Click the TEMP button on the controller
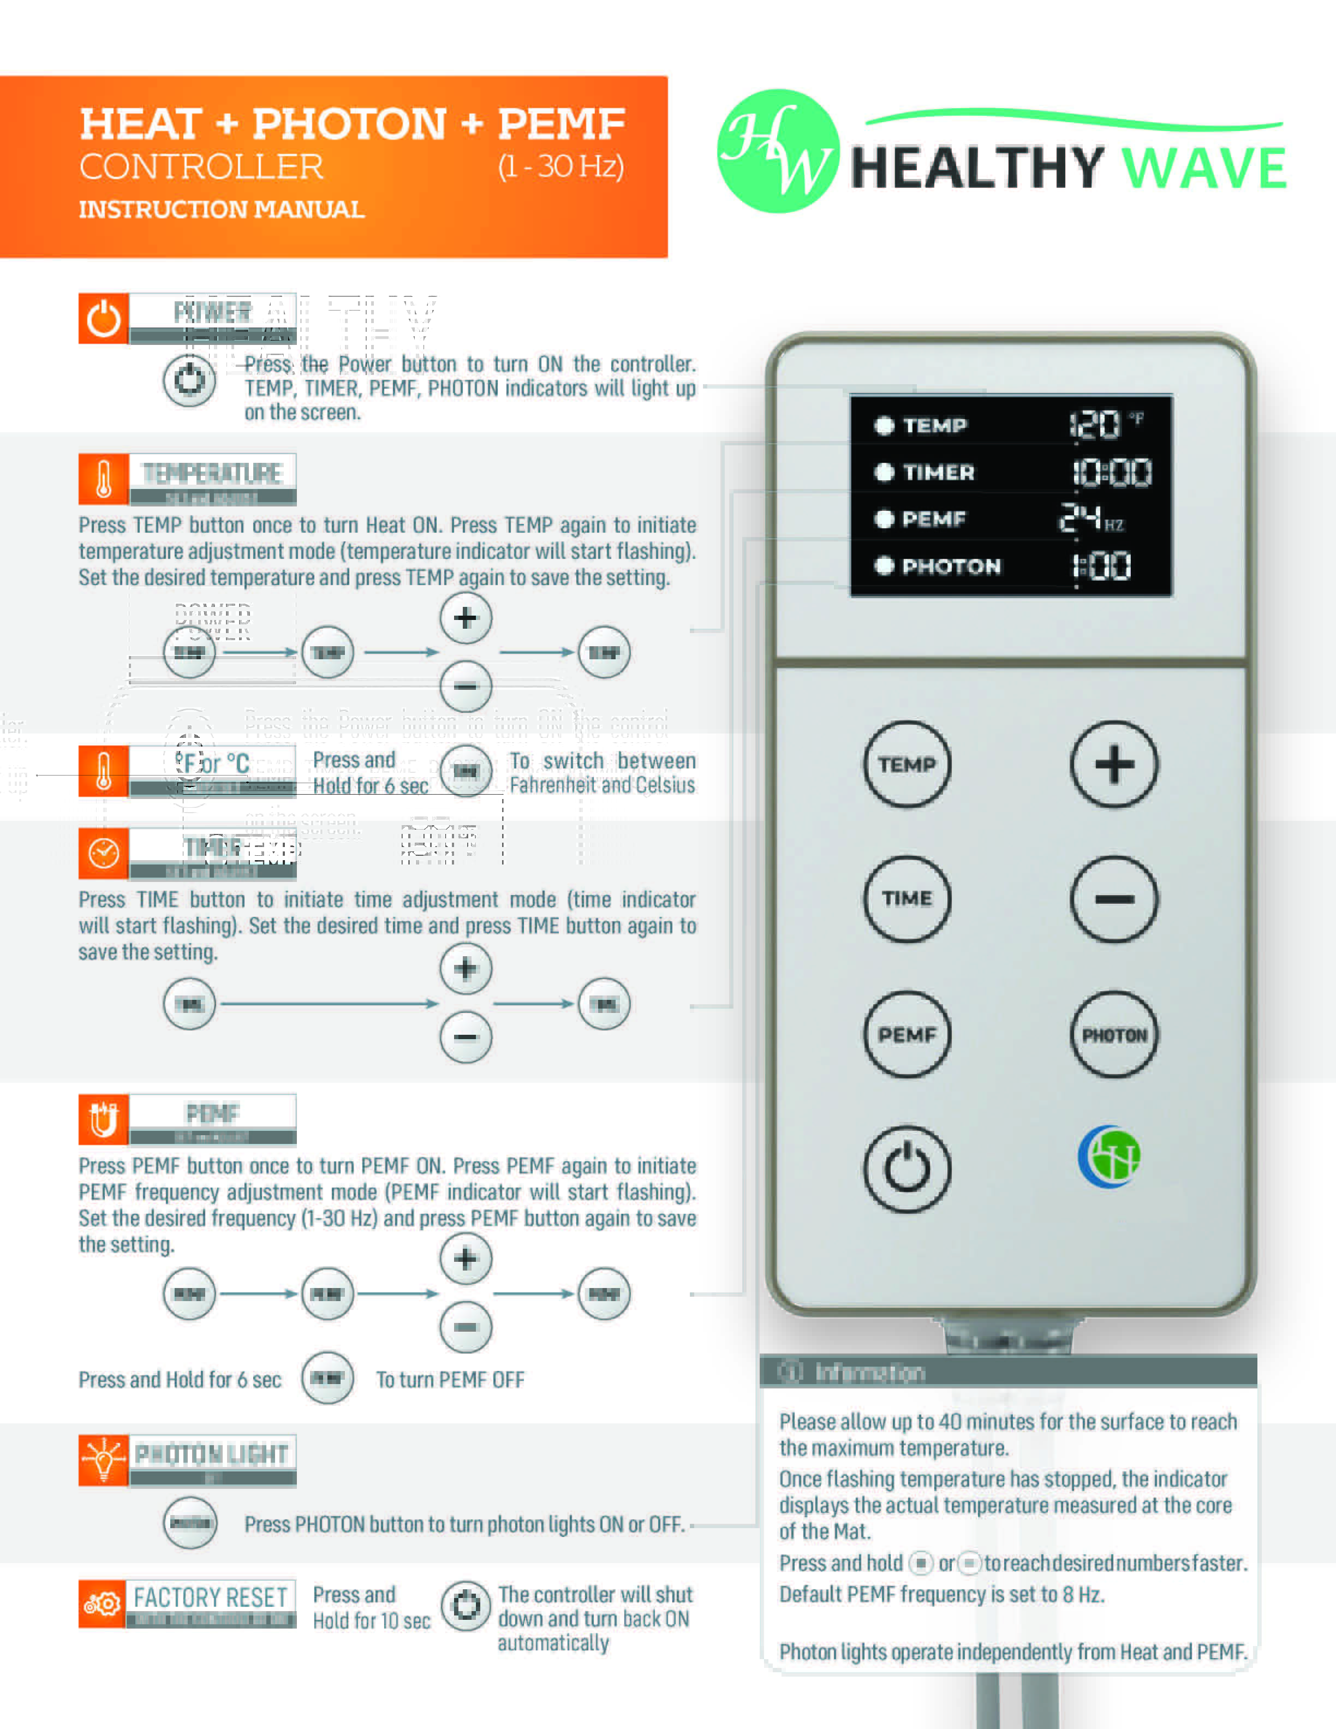point(906,764)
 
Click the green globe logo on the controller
point(1110,1156)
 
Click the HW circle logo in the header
point(778,151)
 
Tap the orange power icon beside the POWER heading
point(103,318)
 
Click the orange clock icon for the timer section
point(103,854)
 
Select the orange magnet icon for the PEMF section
point(103,1119)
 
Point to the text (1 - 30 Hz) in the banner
point(560,166)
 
